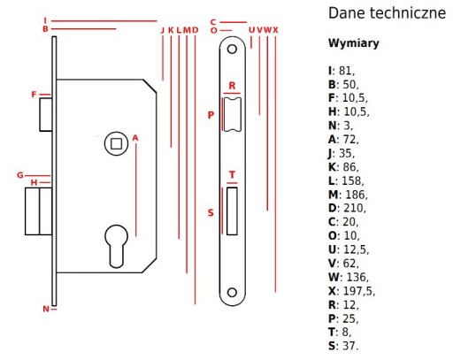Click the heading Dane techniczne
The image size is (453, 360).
[387, 13]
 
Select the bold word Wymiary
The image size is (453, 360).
[354, 43]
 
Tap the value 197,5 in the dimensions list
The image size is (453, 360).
[357, 291]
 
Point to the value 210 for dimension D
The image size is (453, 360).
[353, 208]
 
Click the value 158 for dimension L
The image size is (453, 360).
[351, 180]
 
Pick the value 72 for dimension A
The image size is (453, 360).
[349, 139]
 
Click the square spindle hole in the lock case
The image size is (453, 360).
[116, 143]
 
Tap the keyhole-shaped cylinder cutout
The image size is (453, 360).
[117, 247]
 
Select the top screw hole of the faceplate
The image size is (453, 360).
[232, 49]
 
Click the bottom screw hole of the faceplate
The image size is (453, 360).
[232, 292]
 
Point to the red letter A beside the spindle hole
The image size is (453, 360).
[135, 138]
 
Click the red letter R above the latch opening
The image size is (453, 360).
[232, 86]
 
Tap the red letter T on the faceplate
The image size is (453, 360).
[232, 175]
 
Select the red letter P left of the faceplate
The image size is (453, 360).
[211, 115]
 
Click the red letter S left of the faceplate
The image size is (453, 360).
[211, 212]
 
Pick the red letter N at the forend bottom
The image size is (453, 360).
[46, 309]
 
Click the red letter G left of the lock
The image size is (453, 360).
[20, 175]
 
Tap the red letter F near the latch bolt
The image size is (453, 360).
[34, 95]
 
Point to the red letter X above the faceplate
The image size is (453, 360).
[275, 30]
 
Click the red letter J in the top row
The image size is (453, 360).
[162, 30]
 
